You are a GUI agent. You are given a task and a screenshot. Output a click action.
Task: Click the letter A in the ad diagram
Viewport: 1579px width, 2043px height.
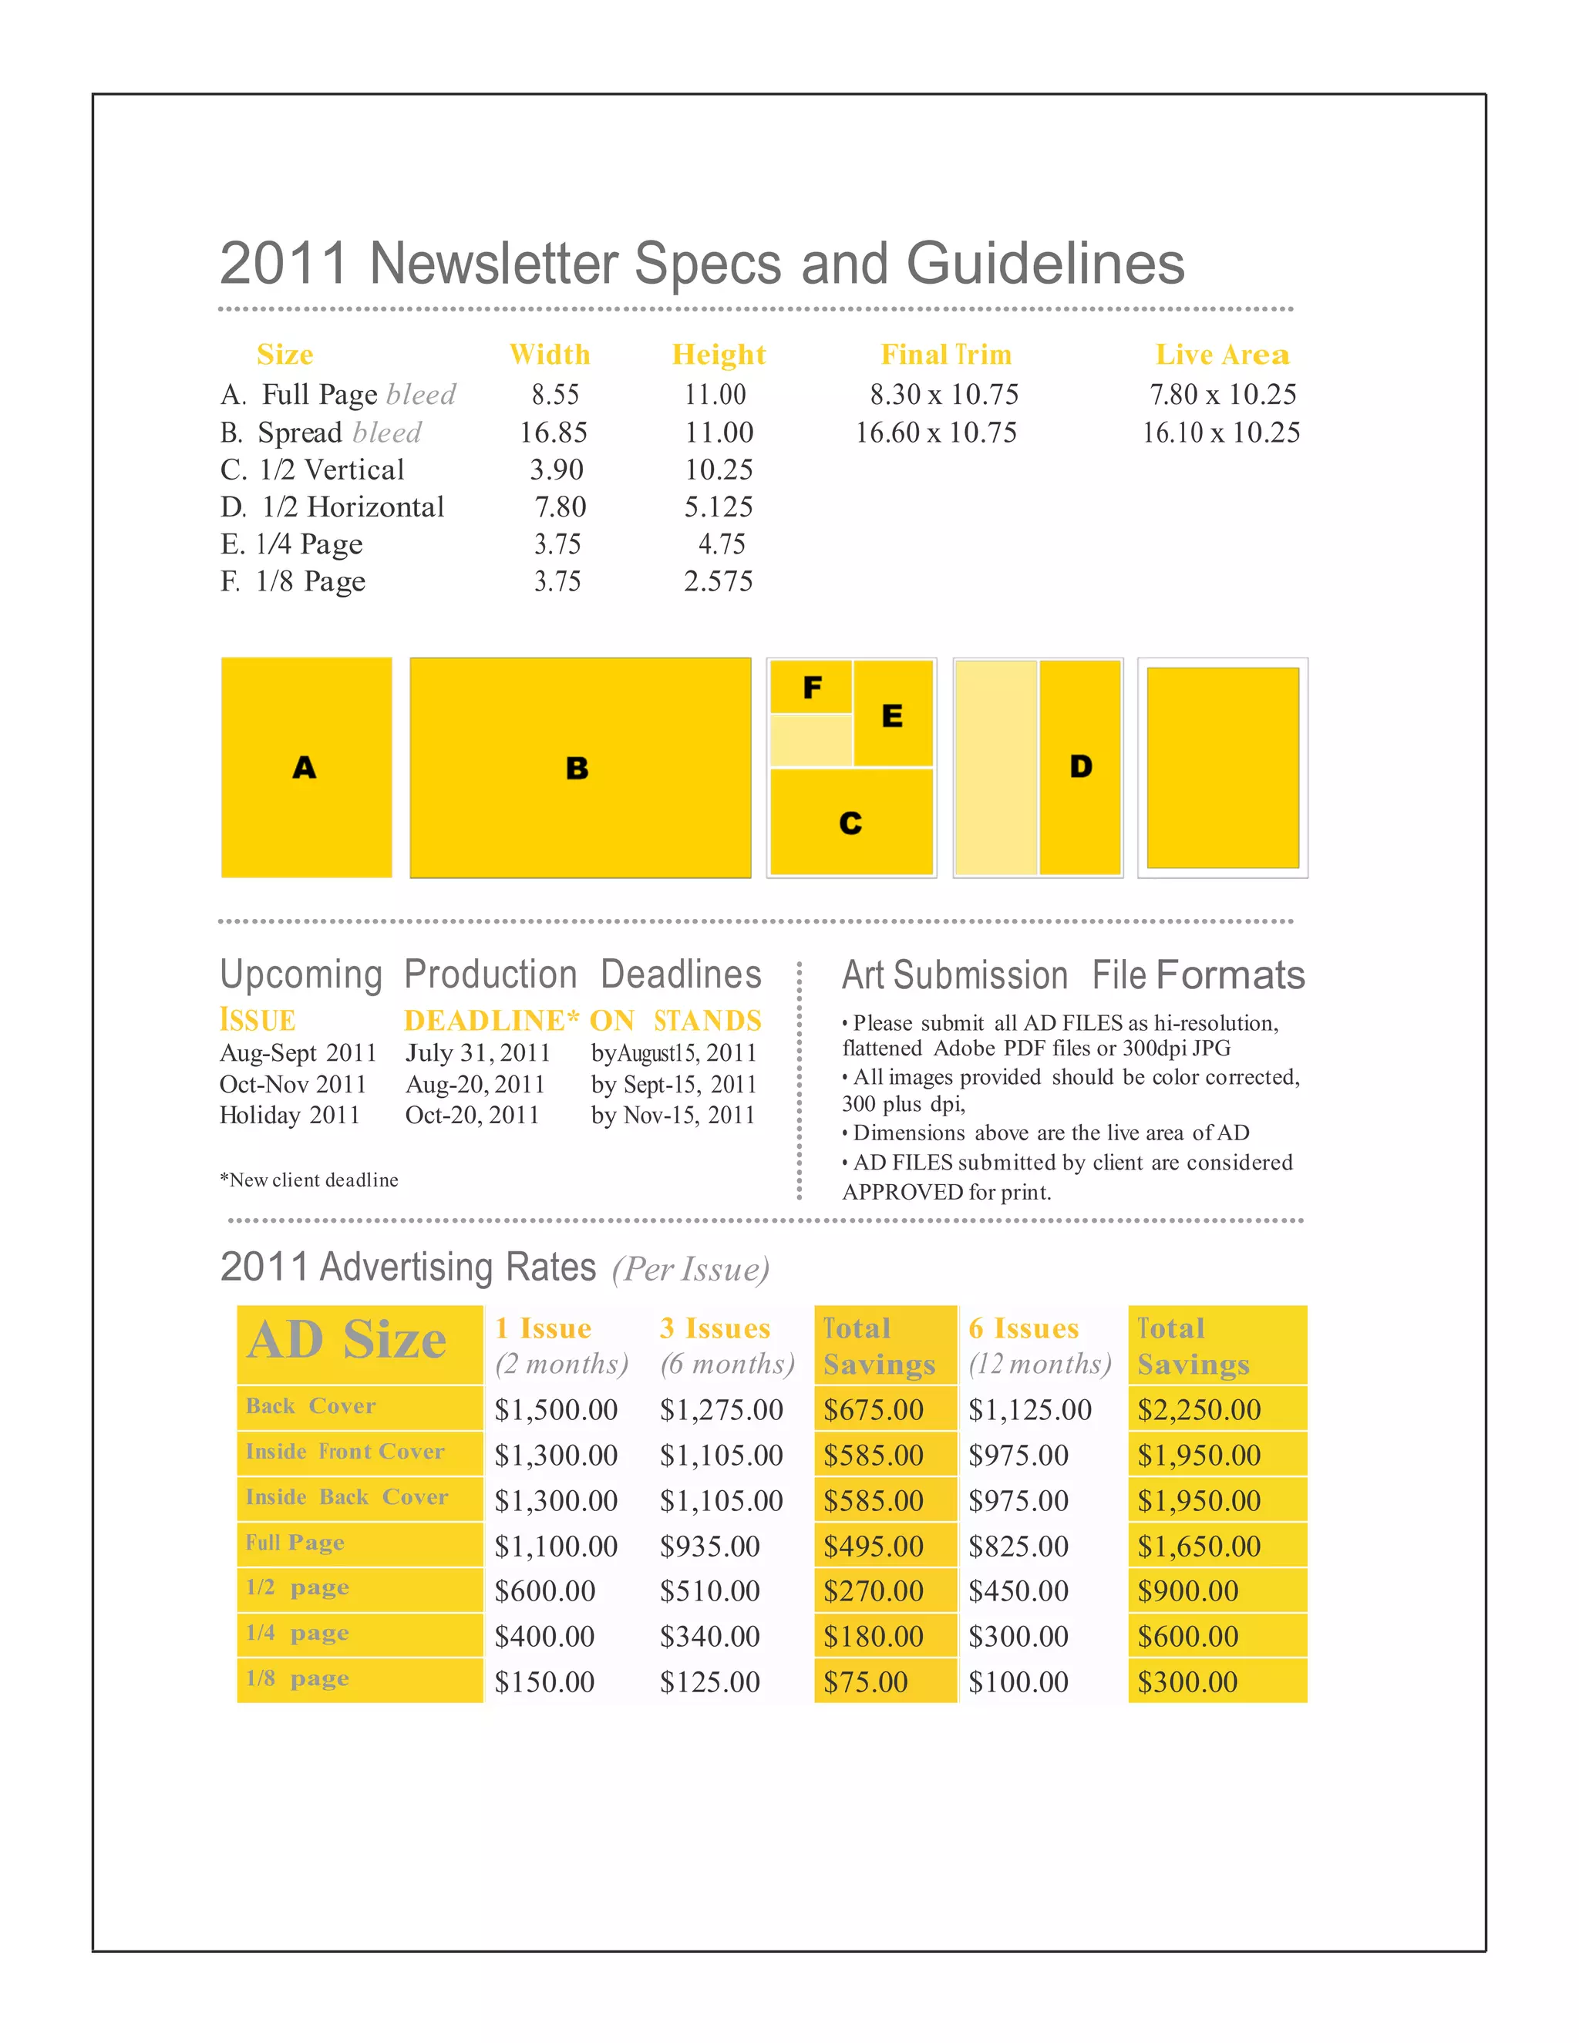(304, 768)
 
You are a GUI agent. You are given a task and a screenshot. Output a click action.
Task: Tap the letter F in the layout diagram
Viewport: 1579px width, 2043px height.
(812, 688)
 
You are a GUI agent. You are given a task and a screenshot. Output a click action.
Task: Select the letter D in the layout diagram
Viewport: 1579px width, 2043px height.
(1080, 767)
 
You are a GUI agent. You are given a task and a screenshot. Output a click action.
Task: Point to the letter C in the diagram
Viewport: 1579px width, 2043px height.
(850, 823)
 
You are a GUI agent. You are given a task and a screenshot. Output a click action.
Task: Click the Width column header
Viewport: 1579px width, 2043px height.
(549, 355)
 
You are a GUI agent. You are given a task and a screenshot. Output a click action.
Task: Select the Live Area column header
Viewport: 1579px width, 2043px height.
(1222, 355)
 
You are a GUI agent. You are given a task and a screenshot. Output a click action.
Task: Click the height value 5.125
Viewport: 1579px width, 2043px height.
(719, 507)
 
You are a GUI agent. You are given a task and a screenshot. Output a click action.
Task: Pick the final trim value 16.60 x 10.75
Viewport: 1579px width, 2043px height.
(935, 432)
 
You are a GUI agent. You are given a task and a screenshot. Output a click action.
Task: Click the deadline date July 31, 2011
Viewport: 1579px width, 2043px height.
(477, 1052)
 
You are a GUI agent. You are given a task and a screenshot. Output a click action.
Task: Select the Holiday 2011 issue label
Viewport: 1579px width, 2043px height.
(289, 1115)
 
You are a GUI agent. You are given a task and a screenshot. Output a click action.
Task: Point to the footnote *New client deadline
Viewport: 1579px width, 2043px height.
(308, 1180)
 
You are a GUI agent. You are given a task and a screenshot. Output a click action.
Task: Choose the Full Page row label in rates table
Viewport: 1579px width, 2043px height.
(295, 1542)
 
